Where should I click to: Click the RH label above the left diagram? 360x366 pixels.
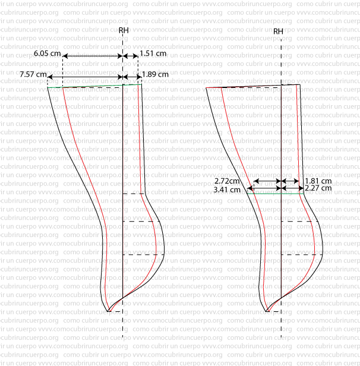122,30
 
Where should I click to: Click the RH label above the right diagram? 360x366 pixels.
278,31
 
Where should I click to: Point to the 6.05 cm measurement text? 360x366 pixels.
47,53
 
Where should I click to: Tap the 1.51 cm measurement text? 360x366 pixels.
153,53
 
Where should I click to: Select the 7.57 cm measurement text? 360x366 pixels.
33,74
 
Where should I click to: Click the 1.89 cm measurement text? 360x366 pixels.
155,74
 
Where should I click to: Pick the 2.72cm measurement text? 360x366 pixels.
228,181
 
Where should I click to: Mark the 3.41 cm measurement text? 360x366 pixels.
227,190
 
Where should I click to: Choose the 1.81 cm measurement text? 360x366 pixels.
318,181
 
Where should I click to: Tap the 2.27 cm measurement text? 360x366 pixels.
318,190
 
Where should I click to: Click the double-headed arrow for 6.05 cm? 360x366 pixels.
92,56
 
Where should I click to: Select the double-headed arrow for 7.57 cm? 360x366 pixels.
84,77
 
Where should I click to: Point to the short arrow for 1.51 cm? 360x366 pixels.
130,56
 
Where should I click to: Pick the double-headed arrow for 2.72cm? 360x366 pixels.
267,181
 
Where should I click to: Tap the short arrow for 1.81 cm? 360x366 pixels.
290,181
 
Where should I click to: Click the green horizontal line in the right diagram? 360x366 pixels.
279,193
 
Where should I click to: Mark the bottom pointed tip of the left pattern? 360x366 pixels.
109,311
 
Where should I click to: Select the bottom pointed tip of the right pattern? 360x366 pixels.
265,311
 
